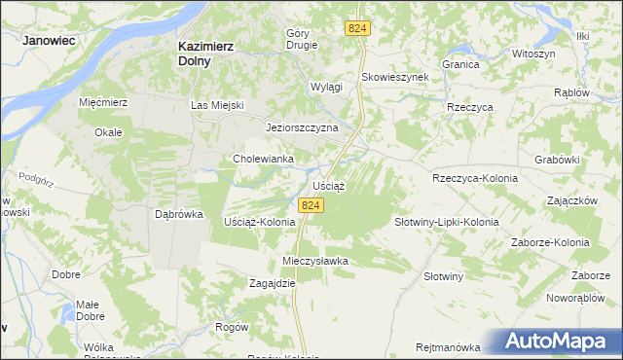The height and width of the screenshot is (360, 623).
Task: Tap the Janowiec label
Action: (50, 41)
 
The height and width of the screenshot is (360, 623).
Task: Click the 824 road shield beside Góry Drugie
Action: (356, 30)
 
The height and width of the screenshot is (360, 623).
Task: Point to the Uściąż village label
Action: (330, 184)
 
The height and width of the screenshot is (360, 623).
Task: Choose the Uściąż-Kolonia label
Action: (259, 222)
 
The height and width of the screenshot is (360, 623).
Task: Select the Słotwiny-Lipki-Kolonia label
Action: (446, 222)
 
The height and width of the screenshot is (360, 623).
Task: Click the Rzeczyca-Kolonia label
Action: (474, 179)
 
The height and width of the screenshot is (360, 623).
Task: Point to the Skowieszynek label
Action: (395, 78)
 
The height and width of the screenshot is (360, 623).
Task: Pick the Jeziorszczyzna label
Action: (302, 127)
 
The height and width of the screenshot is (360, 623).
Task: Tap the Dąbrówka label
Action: (178, 214)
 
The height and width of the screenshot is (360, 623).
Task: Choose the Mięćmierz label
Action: (103, 101)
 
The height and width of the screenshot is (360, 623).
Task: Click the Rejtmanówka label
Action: (448, 347)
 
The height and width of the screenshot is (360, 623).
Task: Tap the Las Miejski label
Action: (216, 105)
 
